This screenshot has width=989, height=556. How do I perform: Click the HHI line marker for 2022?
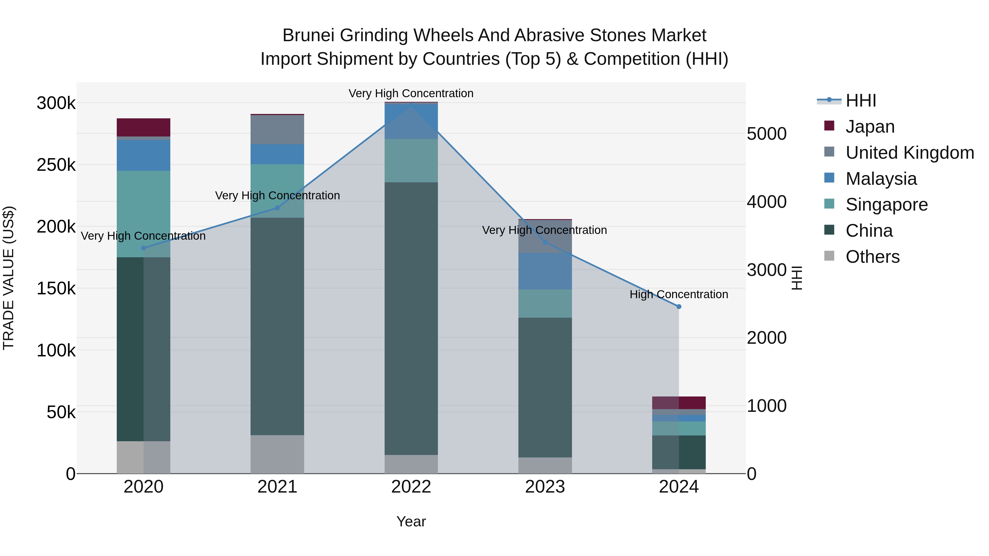[411, 104]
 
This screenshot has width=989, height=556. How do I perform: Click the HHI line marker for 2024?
[679, 307]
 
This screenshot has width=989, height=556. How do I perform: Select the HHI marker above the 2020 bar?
[144, 248]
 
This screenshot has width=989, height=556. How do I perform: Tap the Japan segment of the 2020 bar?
[144, 127]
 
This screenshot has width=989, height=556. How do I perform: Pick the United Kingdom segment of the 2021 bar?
[277, 129]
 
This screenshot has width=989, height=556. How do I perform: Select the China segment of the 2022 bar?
[411, 318]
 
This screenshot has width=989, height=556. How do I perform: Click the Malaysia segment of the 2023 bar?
[545, 271]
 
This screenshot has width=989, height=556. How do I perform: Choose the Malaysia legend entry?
[881, 179]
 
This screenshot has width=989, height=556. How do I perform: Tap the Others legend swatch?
[829, 256]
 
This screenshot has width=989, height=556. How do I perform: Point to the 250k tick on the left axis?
[56, 165]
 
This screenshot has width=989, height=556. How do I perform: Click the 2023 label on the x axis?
[545, 487]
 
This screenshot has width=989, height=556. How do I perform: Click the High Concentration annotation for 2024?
[679, 294]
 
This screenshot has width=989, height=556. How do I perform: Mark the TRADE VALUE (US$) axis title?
[9, 278]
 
